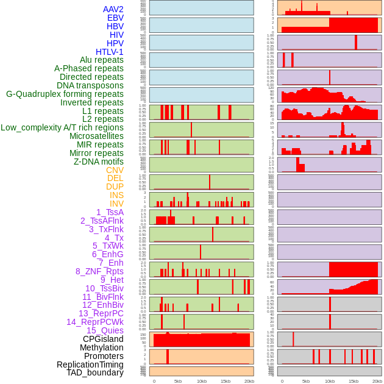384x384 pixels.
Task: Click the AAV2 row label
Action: coord(113,9)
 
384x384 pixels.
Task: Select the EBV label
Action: coord(115,18)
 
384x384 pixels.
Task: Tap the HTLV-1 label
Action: coord(110,52)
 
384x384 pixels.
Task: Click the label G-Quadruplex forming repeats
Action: coord(65,94)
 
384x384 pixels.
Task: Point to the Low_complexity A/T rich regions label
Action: coord(62,127)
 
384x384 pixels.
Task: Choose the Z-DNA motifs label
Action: coord(99,162)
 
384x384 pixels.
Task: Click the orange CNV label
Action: coord(115,170)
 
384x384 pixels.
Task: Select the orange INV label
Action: coord(116,204)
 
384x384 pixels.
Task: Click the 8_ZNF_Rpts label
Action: coord(99,271)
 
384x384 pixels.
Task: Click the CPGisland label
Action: coord(103,339)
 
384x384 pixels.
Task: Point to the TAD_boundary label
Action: coord(95,372)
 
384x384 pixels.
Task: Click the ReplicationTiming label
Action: coord(90,364)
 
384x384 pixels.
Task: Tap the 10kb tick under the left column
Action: coord(202,381)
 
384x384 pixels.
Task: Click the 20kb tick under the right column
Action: coord(377,381)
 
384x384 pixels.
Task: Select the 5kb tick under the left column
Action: coord(178,381)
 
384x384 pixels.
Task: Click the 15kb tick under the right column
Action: coord(354,381)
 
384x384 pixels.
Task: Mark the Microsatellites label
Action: coord(96,136)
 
